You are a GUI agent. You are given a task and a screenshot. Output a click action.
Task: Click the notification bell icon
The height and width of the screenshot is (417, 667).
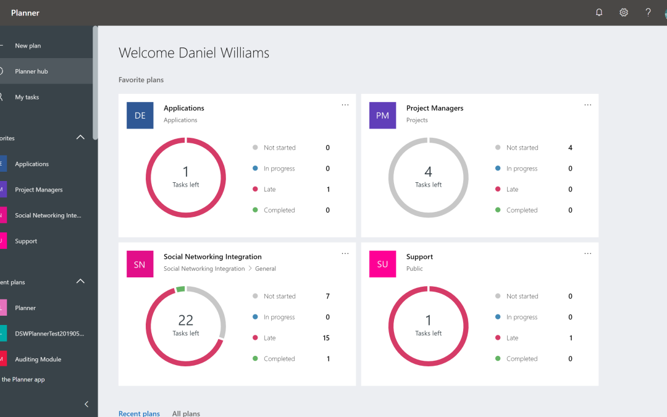click(598, 12)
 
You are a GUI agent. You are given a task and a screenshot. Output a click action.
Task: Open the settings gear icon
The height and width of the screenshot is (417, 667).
click(624, 12)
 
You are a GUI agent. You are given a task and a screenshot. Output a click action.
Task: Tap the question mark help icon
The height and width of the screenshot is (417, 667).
click(648, 12)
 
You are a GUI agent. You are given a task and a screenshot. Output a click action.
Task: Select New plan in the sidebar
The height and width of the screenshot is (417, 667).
click(28, 46)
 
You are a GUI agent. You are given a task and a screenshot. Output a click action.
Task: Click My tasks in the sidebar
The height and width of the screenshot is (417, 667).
click(27, 97)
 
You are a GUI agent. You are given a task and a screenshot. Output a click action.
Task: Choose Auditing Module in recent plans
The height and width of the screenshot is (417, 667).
click(38, 359)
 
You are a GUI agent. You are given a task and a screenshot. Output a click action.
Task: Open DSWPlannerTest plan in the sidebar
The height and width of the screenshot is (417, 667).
click(49, 334)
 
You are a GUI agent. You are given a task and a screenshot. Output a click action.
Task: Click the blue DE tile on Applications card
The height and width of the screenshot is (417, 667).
click(140, 116)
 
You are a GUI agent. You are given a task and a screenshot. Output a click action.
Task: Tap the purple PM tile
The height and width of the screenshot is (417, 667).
click(382, 116)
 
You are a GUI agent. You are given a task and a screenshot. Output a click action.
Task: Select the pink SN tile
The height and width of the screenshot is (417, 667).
click(140, 264)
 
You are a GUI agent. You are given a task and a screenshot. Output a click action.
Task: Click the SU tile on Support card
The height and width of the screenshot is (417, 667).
click(382, 264)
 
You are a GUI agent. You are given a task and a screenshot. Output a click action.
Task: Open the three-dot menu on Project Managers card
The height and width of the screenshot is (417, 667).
click(587, 105)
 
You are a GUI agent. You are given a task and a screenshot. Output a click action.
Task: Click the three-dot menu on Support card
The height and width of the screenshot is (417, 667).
click(587, 253)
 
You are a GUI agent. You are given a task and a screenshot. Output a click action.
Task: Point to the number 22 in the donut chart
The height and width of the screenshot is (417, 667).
click(185, 320)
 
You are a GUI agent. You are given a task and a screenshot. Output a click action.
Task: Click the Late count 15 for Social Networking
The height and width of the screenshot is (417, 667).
click(326, 338)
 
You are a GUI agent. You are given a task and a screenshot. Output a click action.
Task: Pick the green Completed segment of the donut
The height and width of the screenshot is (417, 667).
click(180, 289)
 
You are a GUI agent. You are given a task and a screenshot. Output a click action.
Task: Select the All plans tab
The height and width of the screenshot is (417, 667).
click(186, 413)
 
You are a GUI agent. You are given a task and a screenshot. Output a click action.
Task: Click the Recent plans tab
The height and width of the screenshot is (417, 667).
click(139, 413)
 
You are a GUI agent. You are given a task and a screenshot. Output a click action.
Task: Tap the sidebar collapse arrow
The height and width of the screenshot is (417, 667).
click(86, 404)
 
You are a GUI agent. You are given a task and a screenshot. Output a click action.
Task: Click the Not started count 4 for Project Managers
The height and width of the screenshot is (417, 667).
click(570, 148)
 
